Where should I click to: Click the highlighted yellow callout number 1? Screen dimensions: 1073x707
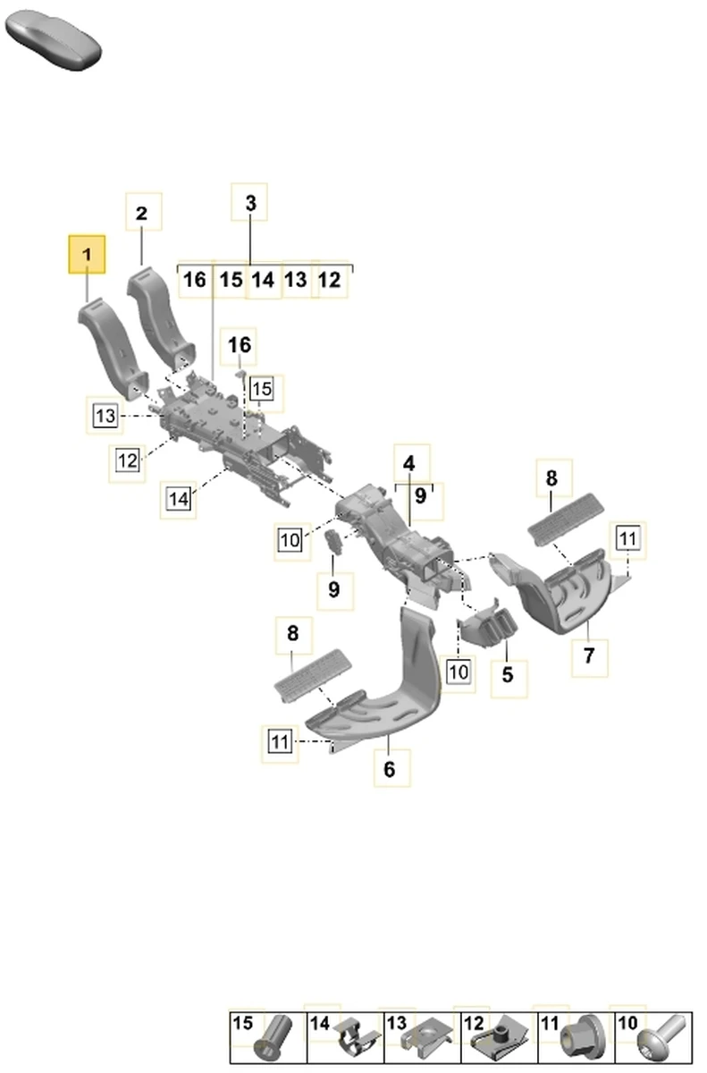click(x=88, y=256)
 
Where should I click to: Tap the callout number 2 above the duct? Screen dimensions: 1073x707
click(x=142, y=214)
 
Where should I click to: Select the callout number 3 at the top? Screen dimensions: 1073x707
click(x=250, y=204)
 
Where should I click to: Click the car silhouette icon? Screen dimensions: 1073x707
click(x=53, y=38)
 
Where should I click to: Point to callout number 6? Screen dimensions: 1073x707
click(x=390, y=769)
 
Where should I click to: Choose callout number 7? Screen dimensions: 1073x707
click(x=589, y=655)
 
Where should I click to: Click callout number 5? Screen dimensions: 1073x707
click(x=508, y=674)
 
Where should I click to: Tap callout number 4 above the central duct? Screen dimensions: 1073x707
click(x=408, y=464)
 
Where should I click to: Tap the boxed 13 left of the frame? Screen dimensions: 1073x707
click(x=105, y=415)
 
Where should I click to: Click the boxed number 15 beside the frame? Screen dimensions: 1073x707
click(x=261, y=389)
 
